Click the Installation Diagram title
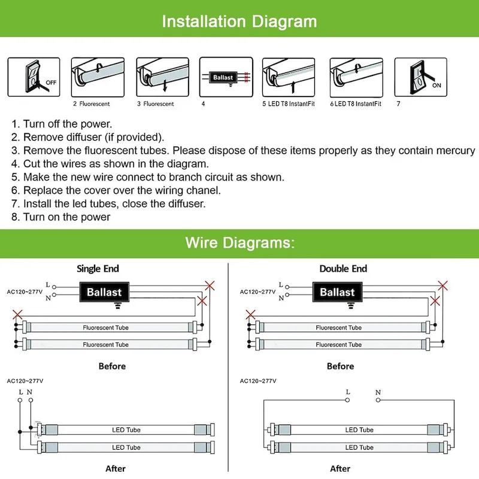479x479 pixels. click(x=239, y=22)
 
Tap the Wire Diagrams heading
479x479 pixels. click(x=239, y=242)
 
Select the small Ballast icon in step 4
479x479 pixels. click(x=223, y=77)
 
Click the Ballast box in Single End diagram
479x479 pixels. click(x=104, y=292)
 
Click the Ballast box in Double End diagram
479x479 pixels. click(x=337, y=292)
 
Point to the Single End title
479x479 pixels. click(x=98, y=269)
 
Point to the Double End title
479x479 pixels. click(x=343, y=269)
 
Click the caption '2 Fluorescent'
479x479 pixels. click(x=92, y=104)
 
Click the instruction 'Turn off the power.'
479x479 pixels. click(x=67, y=124)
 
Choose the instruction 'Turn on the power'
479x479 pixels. click(x=66, y=217)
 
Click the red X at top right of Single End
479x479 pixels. click(x=210, y=284)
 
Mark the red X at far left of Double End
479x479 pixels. click(x=251, y=314)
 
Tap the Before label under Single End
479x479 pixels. click(x=112, y=366)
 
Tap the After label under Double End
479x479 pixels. click(x=340, y=468)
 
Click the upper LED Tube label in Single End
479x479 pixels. click(x=126, y=430)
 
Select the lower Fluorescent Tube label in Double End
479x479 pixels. click(x=339, y=345)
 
